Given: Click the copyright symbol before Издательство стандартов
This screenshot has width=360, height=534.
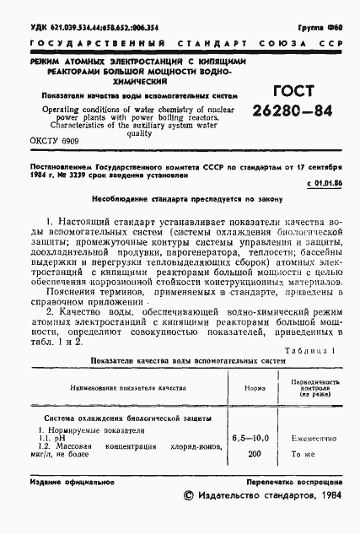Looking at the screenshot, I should coord(188,511).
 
